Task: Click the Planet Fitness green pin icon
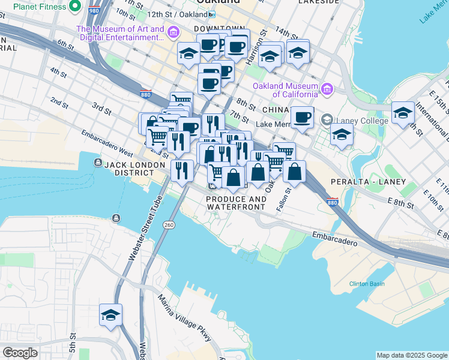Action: (x=75, y=7)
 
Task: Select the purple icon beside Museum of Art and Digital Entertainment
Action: (x=173, y=32)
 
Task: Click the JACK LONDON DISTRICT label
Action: (x=134, y=164)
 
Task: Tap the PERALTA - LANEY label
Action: (x=368, y=181)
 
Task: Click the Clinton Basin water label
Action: (x=367, y=283)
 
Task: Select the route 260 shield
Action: (x=169, y=224)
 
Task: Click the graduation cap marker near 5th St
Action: (x=110, y=315)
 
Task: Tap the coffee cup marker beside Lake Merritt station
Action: (x=302, y=117)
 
